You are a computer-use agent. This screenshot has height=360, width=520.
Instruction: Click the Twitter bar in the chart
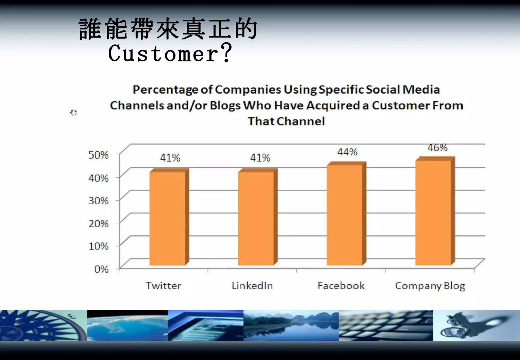[168, 218]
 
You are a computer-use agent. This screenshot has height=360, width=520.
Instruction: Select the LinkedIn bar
[256, 218]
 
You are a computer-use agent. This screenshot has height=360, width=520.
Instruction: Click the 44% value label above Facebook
[347, 152]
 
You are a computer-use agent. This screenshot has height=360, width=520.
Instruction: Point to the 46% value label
[437, 148]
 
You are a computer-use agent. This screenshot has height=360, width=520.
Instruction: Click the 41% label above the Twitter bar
[170, 158]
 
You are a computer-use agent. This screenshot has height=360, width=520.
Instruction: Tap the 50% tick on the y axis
[98, 155]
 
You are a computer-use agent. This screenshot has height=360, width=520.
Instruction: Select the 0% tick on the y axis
[101, 269]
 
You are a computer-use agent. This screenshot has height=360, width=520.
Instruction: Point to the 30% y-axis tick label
[98, 201]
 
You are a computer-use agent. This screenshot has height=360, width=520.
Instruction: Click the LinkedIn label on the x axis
[252, 286]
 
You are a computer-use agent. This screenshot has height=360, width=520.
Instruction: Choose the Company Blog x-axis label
[430, 286]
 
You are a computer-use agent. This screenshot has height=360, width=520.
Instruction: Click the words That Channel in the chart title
[286, 121]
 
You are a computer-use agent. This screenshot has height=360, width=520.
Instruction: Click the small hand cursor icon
[73, 112]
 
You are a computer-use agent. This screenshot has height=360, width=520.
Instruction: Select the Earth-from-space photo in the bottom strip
[127, 325]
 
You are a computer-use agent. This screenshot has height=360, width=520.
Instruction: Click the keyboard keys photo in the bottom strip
[386, 325]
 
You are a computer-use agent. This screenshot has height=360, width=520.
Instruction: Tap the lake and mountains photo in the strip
[291, 325]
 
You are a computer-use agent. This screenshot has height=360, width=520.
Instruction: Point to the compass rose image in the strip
[43, 325]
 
